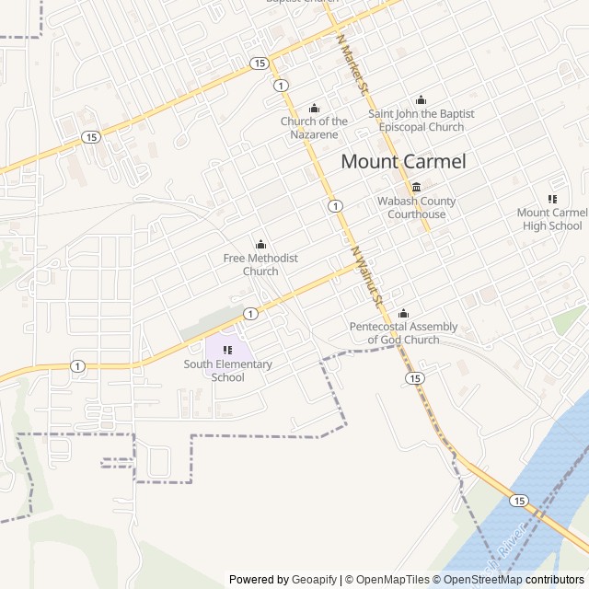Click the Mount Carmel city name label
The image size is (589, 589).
(403, 161)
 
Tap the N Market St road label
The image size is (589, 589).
(352, 66)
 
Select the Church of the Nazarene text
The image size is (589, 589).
(314, 128)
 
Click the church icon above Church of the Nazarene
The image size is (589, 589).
(314, 108)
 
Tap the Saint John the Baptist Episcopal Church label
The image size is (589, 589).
(422, 121)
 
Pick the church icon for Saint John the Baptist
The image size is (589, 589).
(422, 100)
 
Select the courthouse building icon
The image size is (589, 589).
(416, 188)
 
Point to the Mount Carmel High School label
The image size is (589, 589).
(552, 219)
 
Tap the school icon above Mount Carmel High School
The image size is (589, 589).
(552, 199)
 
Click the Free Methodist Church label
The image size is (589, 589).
(260, 265)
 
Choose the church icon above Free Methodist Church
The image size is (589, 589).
(260, 245)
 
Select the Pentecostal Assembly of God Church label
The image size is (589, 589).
(403, 333)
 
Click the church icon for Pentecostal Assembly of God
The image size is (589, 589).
(403, 313)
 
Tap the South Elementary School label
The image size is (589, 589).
(228, 370)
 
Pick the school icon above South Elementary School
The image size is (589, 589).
(228, 350)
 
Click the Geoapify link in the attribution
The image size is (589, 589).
(315, 580)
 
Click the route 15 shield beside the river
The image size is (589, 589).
(519, 500)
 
